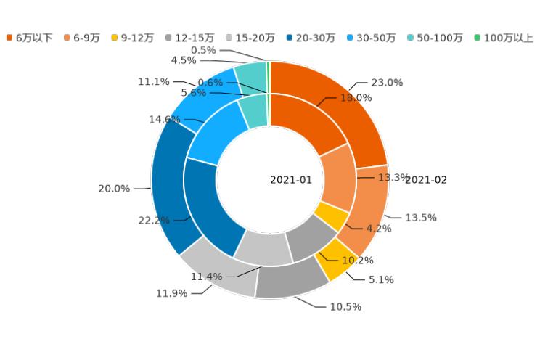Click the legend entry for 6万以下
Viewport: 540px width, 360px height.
[x=30, y=38]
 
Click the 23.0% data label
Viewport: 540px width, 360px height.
[x=387, y=83]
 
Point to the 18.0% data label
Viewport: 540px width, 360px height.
[x=356, y=98]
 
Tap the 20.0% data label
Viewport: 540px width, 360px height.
[x=114, y=189]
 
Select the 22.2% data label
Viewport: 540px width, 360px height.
[x=154, y=220]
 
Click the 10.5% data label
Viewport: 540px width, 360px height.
[x=345, y=307]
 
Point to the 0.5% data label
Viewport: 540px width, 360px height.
[x=202, y=50]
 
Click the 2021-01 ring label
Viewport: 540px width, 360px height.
[x=291, y=180]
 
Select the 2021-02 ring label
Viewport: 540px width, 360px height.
[x=426, y=180]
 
